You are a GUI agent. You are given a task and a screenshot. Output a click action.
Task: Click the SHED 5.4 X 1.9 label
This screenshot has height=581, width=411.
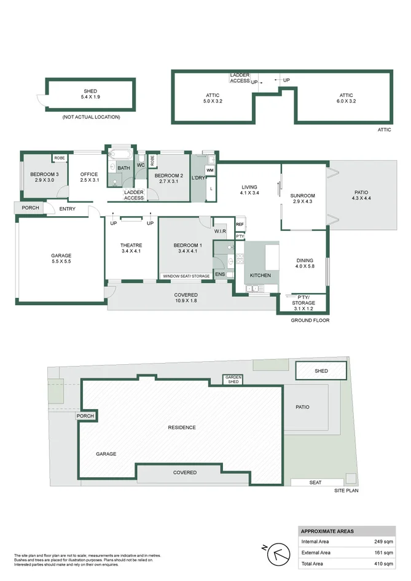click(x=90, y=94)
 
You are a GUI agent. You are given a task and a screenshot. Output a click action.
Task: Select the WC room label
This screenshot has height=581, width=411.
click(x=141, y=165)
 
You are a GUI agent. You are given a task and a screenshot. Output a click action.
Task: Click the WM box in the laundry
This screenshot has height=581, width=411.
click(x=209, y=170)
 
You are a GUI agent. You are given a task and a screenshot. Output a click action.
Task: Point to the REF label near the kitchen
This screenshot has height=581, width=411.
click(x=240, y=225)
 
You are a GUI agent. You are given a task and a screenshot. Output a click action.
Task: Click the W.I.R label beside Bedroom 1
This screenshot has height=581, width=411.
click(x=221, y=232)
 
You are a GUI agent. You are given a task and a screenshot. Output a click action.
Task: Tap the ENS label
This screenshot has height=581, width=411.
click(x=219, y=274)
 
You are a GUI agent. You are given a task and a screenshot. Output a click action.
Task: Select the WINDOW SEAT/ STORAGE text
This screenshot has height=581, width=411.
click(x=186, y=276)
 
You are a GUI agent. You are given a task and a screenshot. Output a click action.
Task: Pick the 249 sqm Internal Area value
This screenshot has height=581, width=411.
click(x=383, y=542)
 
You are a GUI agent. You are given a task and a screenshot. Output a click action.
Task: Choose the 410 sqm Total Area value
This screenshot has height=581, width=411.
click(x=383, y=563)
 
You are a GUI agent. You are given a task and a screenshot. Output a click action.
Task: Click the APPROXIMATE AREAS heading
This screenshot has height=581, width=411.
click(x=327, y=531)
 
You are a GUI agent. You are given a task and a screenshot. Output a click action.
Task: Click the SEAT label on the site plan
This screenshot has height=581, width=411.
click(x=315, y=482)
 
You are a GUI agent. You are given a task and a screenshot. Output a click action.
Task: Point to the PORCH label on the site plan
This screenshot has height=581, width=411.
click(x=85, y=416)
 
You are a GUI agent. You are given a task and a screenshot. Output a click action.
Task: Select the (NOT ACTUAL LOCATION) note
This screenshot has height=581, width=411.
click(x=91, y=117)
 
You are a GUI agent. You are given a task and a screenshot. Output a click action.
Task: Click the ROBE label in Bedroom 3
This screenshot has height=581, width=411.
click(x=59, y=158)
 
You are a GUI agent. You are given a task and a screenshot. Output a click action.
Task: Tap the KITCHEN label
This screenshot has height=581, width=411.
click(x=260, y=275)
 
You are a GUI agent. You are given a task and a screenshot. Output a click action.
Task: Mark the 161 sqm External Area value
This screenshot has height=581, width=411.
click(x=383, y=553)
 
